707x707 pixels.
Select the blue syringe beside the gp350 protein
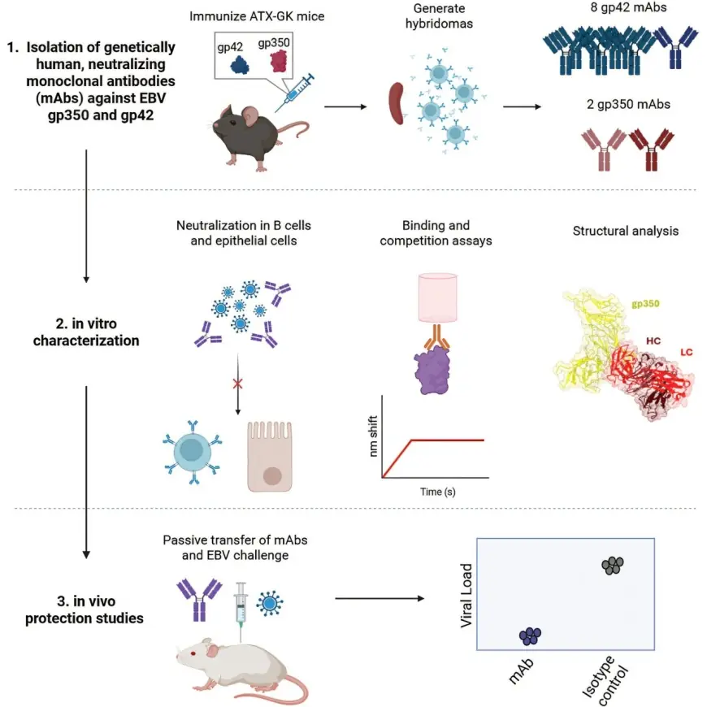tap(296, 92)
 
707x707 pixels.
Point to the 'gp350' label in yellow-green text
tap(645, 302)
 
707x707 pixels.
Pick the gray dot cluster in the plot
tap(613, 565)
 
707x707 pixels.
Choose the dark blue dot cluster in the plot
tap(530, 635)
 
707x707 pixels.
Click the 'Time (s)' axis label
tap(432, 492)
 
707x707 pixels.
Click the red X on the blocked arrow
tap(237, 383)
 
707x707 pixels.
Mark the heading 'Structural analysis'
tap(626, 232)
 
